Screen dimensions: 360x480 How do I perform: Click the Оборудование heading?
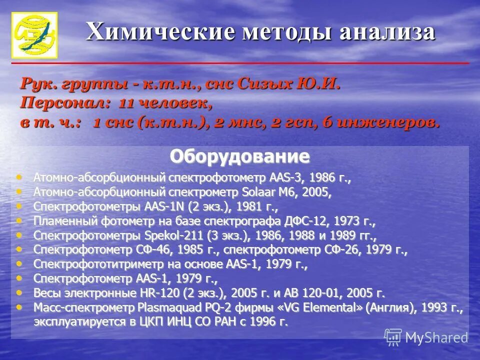(239, 156)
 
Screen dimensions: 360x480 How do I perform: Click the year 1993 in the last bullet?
(434, 308)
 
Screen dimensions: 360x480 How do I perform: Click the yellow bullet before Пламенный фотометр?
(19, 220)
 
